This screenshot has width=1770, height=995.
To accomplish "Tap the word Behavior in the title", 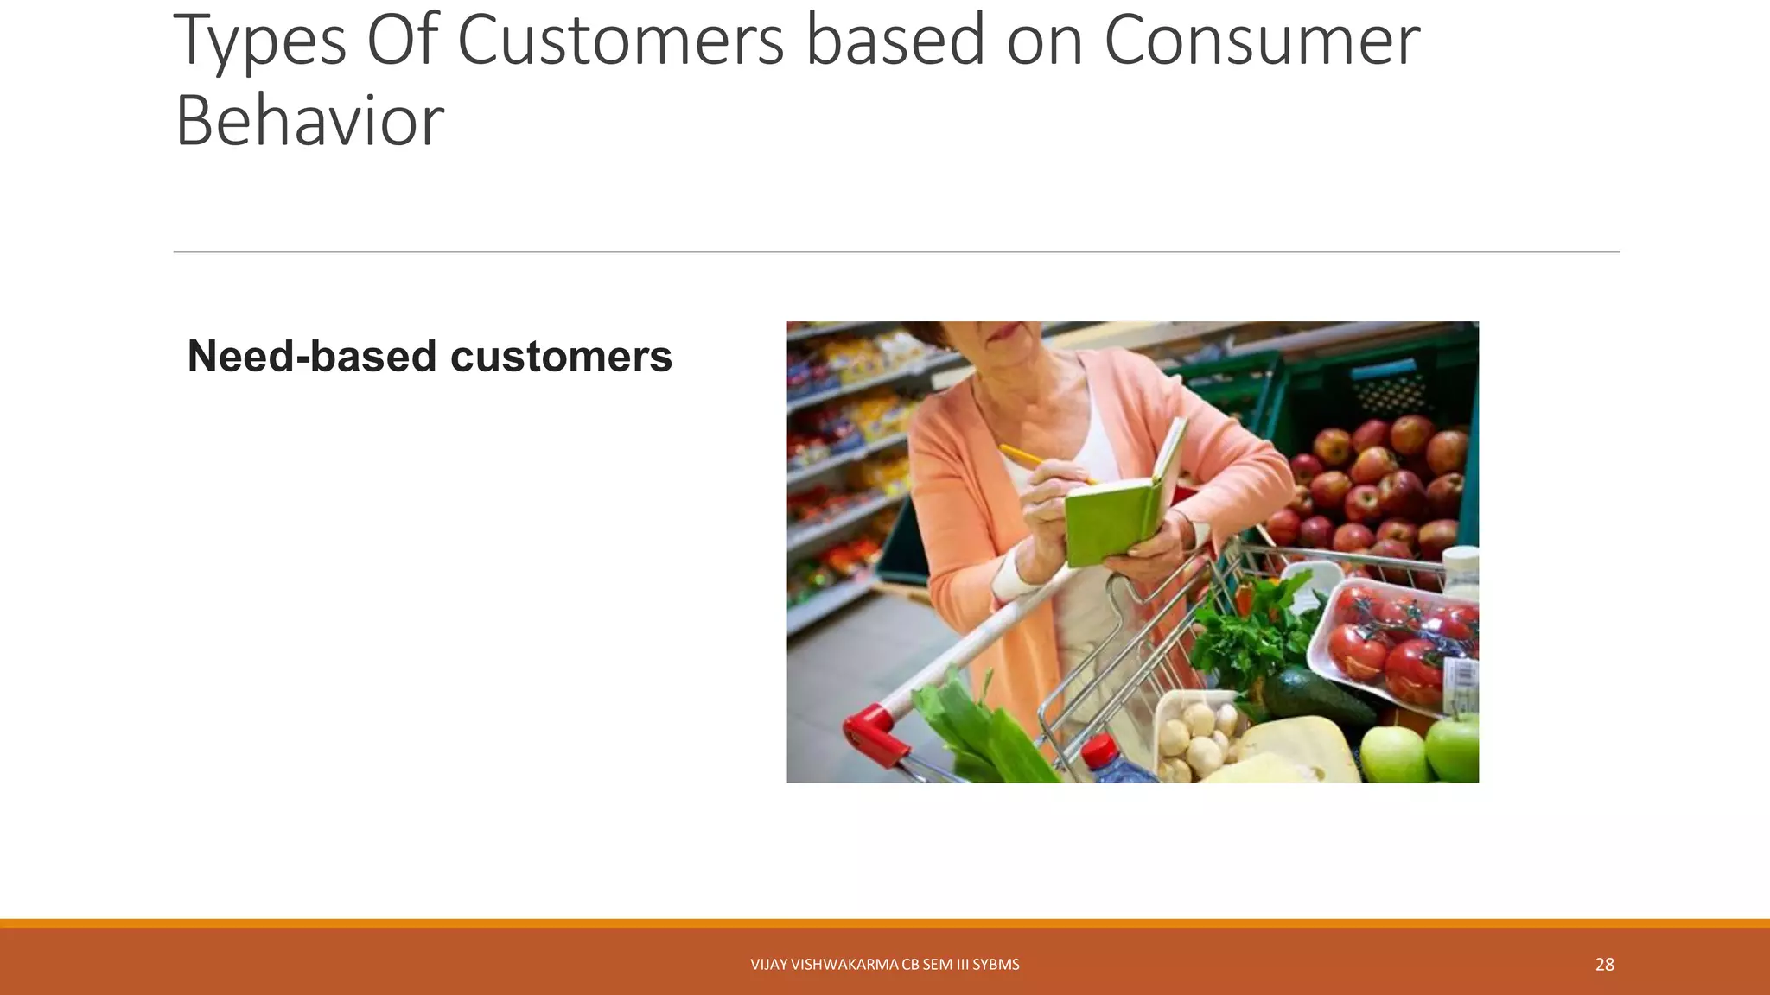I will [309, 121].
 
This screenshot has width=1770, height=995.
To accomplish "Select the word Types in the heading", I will [259, 41].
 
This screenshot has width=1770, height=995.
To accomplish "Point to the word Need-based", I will [311, 356].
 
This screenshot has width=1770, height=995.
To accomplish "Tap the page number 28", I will [1604, 965].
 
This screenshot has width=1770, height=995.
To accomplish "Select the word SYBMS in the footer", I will [996, 965].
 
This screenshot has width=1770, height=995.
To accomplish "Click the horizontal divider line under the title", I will [896, 252].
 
